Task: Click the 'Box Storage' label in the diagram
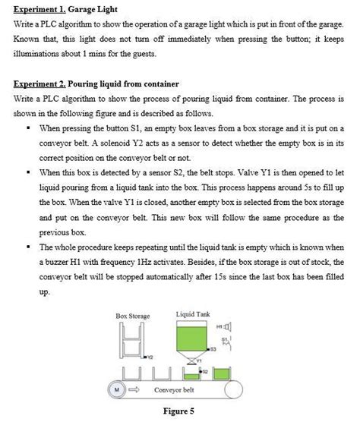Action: pyautogui.click(x=132, y=315)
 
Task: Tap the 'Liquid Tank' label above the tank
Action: pyautogui.click(x=193, y=313)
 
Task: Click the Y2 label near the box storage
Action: pyautogui.click(x=150, y=355)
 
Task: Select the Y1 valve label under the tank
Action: pyautogui.click(x=200, y=359)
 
